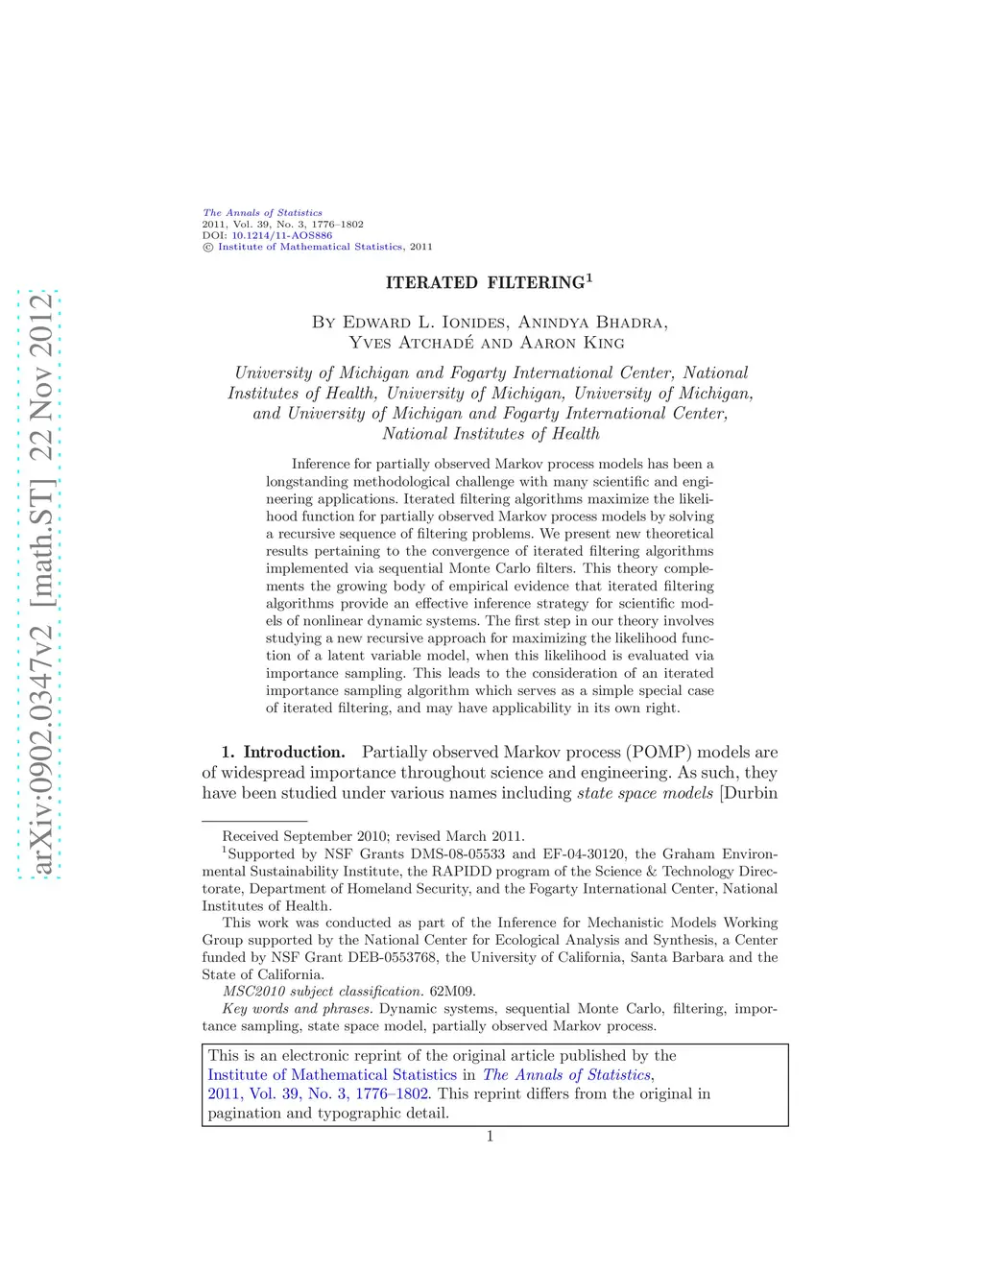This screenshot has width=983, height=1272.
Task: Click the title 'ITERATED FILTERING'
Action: pos(485,282)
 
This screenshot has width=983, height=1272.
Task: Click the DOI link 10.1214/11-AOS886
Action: pos(281,235)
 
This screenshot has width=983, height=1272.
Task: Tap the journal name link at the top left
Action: pos(262,213)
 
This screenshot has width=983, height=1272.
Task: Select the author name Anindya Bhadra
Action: pos(592,323)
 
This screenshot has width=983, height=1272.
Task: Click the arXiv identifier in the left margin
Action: pos(40,584)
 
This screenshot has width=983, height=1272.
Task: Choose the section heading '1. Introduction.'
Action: pos(283,753)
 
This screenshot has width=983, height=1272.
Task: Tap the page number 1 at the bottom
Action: pos(491,1137)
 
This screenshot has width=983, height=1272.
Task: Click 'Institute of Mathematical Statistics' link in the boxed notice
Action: pos(332,1075)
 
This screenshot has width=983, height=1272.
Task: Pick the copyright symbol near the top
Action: pos(207,247)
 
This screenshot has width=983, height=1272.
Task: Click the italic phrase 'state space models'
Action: pos(645,793)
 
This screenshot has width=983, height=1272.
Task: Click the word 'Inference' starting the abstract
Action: pos(322,464)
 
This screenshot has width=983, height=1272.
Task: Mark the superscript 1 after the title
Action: pos(589,277)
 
